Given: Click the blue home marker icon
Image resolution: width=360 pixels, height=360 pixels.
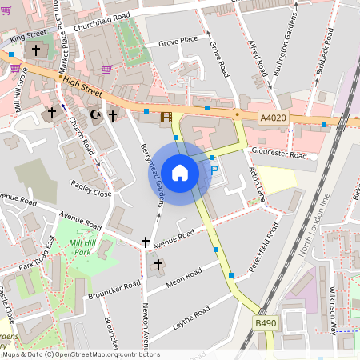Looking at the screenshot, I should pyautogui.click(x=180, y=173).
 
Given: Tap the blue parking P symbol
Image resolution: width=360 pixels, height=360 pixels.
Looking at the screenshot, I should pyautogui.click(x=214, y=170).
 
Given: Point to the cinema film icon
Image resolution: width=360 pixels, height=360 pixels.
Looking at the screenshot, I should pyautogui.click(x=166, y=118).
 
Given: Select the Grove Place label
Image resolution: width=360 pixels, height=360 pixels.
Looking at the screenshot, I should pyautogui.click(x=178, y=42).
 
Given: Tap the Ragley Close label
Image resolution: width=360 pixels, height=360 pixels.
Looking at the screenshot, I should pyautogui.click(x=90, y=193).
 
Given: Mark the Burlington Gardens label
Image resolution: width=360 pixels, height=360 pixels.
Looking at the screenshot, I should pyautogui.click(x=290, y=50).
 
